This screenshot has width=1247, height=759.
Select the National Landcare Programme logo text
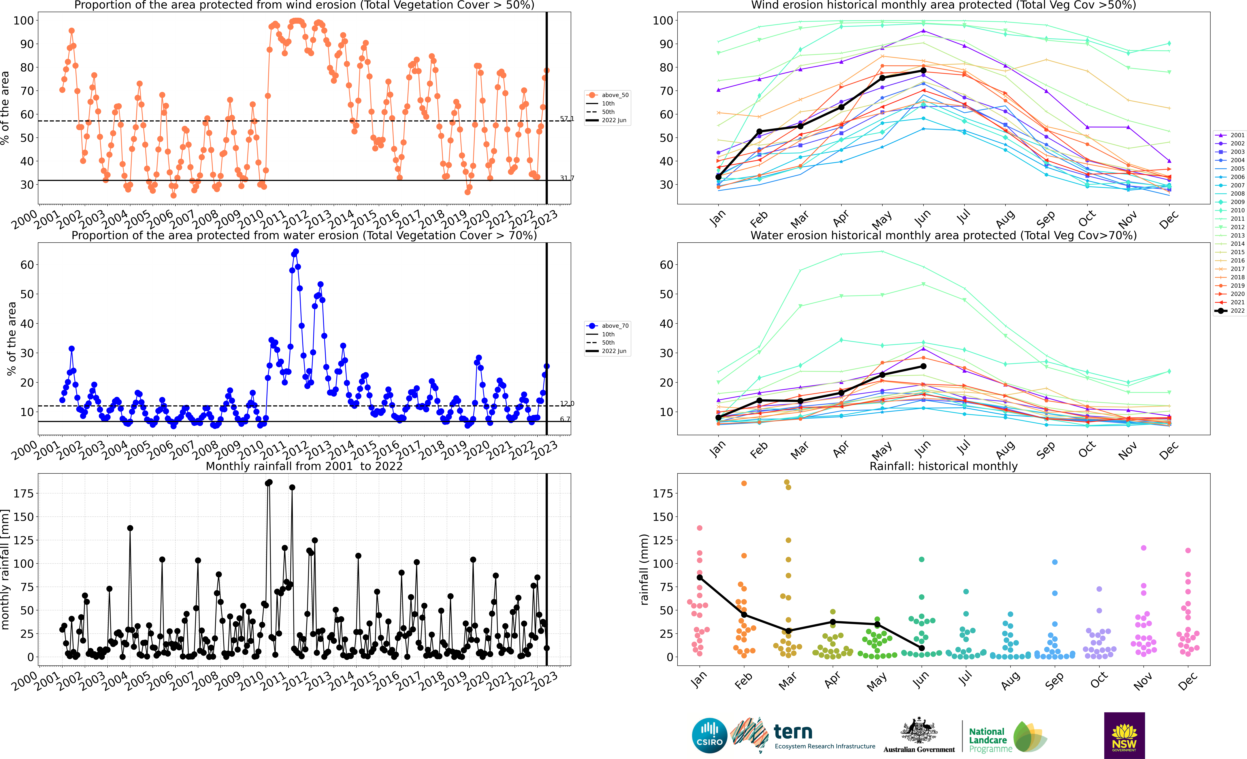[990, 740]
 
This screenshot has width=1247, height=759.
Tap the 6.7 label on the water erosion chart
[565, 419]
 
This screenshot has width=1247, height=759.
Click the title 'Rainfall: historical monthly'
[943, 466]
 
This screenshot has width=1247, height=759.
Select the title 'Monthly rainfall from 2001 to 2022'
[304, 466]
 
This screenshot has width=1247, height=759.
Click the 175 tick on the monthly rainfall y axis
[24, 493]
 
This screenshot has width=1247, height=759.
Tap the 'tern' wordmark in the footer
[793, 732]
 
